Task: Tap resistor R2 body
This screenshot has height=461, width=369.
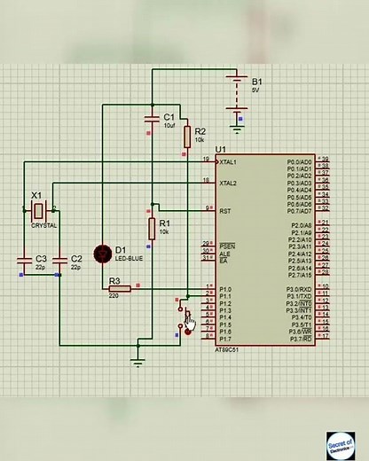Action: tap(187, 136)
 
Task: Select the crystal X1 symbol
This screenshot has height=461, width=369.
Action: tap(38, 210)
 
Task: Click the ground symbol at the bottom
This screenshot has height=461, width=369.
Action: tap(137, 358)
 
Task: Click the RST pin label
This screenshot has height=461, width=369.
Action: tap(225, 211)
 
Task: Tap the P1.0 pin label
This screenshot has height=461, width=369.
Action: tap(225, 290)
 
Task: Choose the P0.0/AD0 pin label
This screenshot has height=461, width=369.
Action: tap(300, 162)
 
